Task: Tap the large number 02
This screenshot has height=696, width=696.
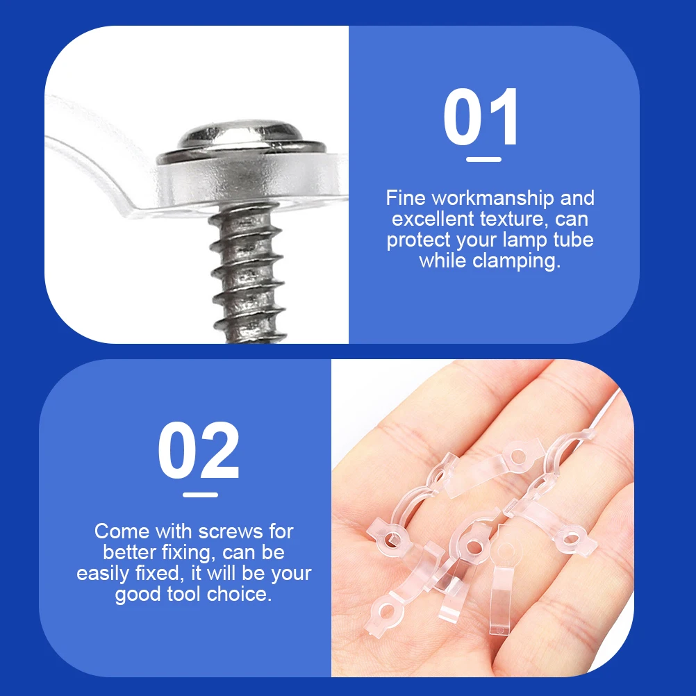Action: tap(198, 452)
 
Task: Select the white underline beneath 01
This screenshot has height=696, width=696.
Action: tap(483, 159)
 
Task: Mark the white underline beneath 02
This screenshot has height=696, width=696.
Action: tap(200, 495)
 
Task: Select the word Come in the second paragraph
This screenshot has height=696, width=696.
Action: tap(122, 532)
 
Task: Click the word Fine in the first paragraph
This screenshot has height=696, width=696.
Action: tap(405, 199)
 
